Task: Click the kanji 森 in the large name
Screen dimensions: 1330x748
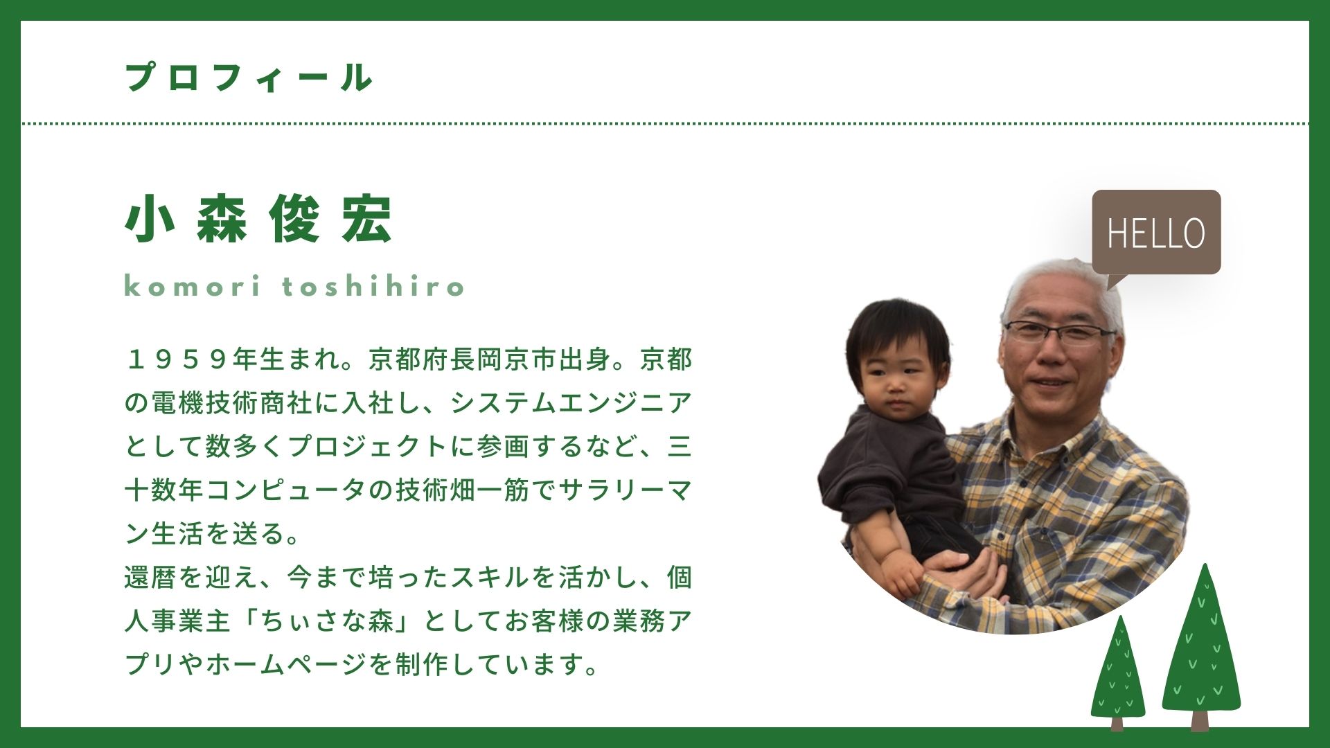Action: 222,219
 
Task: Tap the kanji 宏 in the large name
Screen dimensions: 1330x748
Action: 367,219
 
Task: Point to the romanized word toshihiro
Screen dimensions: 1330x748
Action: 373,285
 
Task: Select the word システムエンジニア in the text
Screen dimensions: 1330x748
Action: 571,403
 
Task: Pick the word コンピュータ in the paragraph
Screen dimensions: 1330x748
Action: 286,490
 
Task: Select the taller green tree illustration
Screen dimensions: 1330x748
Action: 1201,648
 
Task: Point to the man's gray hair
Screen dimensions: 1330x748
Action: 1060,284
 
